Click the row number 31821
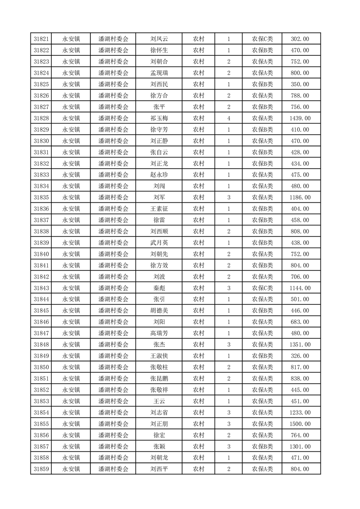pyautogui.click(x=41, y=39)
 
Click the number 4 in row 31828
pyautogui.click(x=228, y=118)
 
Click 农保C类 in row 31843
pyautogui.click(x=262, y=288)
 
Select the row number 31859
pyautogui.click(x=41, y=470)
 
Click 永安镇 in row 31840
pyautogui.click(x=71, y=254)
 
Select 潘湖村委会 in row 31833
pyautogui.click(x=113, y=175)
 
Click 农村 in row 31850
pyautogui.click(x=198, y=367)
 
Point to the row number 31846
pyautogui.click(x=41, y=322)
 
